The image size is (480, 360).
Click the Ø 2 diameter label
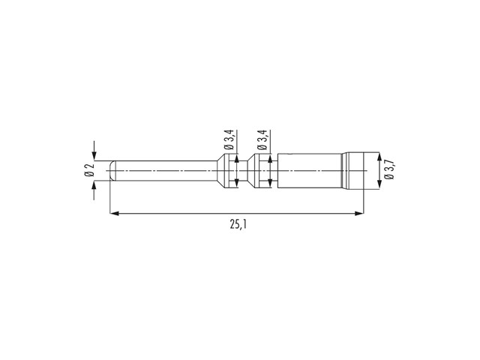(x=89, y=170)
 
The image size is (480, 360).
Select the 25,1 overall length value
(x=238, y=225)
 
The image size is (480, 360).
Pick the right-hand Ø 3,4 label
(x=263, y=139)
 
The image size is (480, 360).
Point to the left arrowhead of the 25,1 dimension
(x=114, y=213)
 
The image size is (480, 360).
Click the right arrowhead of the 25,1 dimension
(x=359, y=213)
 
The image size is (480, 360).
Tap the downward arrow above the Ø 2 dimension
(x=94, y=150)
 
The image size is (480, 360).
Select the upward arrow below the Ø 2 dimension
(x=94, y=190)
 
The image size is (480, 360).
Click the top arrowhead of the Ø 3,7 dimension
(x=379, y=157)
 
